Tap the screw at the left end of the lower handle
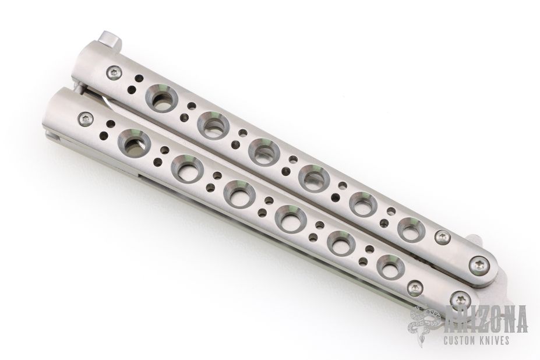click(x=86, y=119)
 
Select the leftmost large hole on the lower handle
click(x=134, y=144)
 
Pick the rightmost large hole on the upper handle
click(x=412, y=230)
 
